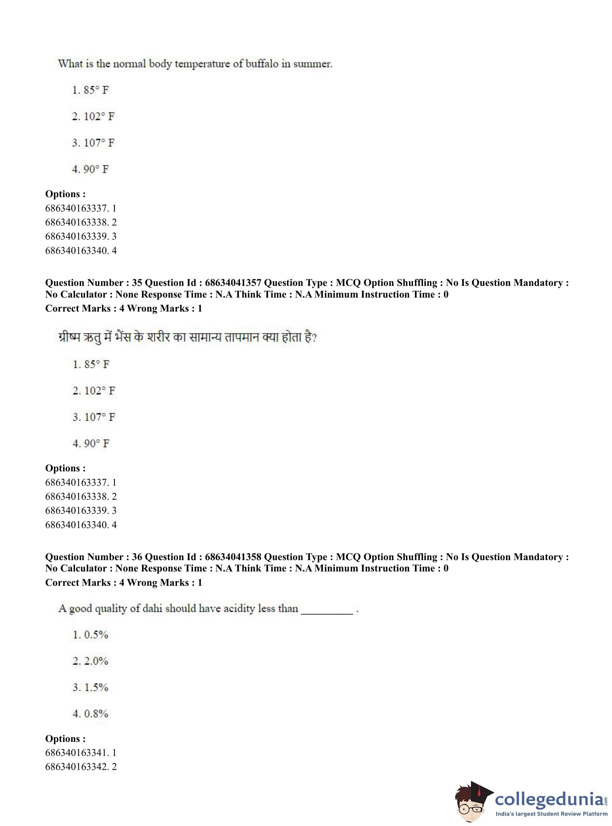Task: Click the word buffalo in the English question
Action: [x=262, y=64]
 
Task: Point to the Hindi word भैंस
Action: [x=123, y=338]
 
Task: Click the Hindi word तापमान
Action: [x=236, y=338]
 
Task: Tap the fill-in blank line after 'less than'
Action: [x=327, y=613]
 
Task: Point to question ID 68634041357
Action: [x=233, y=283]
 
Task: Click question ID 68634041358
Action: [x=233, y=557]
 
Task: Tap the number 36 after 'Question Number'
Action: [x=137, y=557]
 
